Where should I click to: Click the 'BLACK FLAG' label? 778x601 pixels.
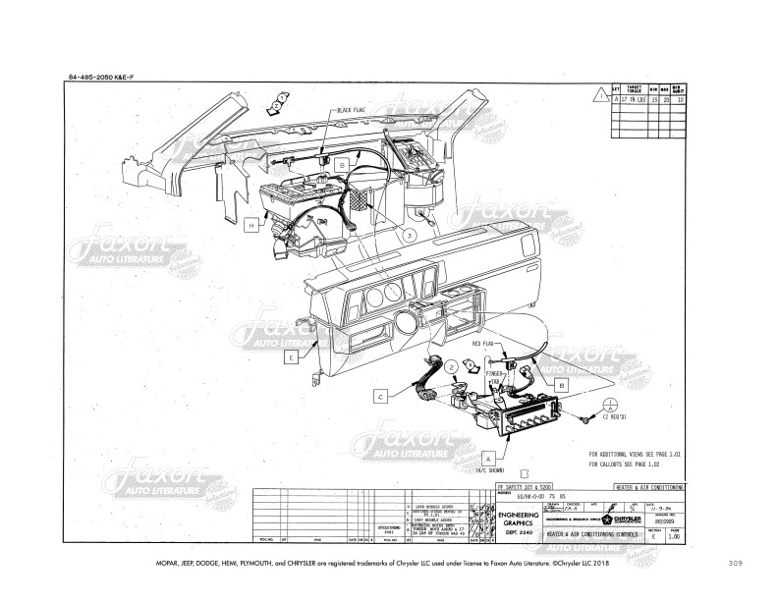click(351, 111)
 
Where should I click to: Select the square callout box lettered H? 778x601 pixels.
click(251, 225)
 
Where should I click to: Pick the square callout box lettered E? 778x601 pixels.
click(291, 358)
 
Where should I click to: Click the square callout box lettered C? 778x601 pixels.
click(378, 398)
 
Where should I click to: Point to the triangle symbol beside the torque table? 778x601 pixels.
click(600, 94)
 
